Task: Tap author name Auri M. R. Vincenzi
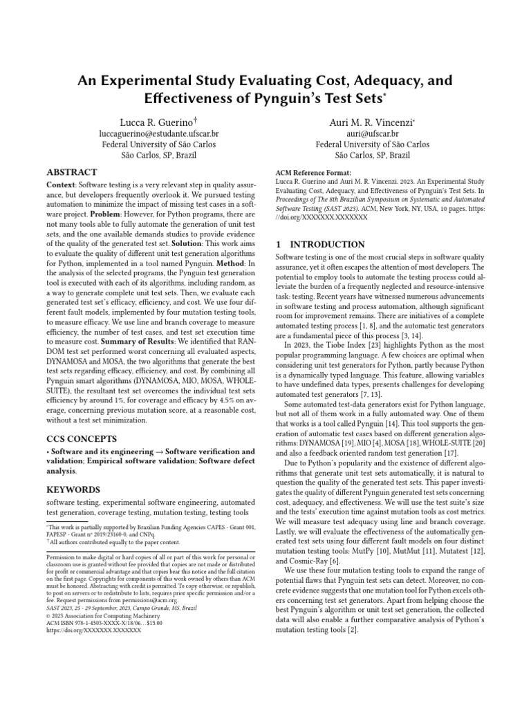point(372,122)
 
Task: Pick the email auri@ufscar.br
point(372,133)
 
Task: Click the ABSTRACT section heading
point(72,172)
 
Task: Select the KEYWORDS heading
point(73,489)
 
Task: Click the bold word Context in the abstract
point(62,186)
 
